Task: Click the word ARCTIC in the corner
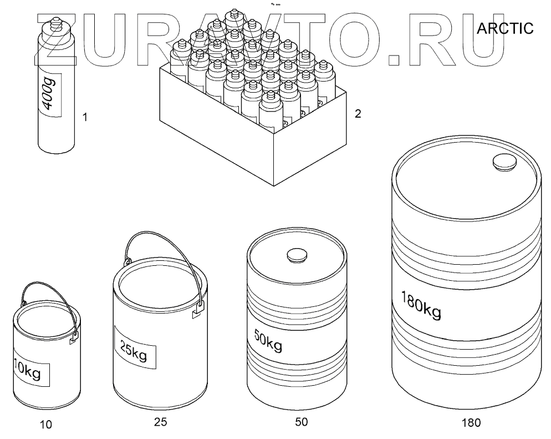(x=505, y=28)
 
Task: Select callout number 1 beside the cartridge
(x=85, y=117)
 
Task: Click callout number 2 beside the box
(x=358, y=114)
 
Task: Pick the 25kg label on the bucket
(x=134, y=350)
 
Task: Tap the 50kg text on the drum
(x=268, y=341)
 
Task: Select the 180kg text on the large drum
(x=421, y=305)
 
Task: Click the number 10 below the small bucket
(x=45, y=425)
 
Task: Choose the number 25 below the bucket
(x=160, y=422)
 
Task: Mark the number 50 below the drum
(x=302, y=422)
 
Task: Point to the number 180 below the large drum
(x=471, y=422)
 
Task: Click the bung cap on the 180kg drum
(x=505, y=163)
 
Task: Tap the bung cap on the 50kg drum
(x=297, y=256)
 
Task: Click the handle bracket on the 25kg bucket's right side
(x=198, y=311)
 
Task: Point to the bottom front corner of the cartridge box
(x=274, y=185)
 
